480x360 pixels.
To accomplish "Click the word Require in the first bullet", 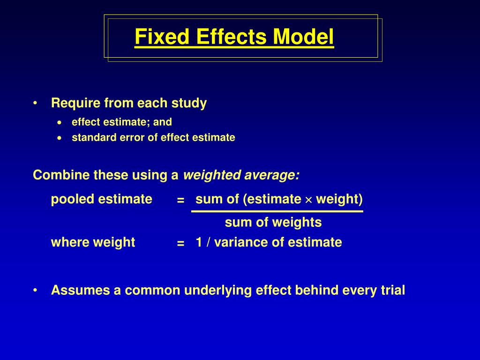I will [70, 103].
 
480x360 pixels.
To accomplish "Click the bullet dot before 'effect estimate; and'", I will [59, 122].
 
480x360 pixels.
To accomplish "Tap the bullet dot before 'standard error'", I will [59, 138].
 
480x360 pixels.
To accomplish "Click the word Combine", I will [54, 175].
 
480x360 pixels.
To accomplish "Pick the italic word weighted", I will [207, 175].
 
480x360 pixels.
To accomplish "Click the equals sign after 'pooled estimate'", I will [180, 201].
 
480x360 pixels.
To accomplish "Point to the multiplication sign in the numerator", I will [308, 200].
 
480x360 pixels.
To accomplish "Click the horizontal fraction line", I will [277, 211].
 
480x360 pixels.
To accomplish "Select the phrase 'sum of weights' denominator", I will [273, 223].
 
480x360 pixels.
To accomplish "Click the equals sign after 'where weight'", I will [180, 244].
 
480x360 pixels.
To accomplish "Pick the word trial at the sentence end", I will [392, 291].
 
